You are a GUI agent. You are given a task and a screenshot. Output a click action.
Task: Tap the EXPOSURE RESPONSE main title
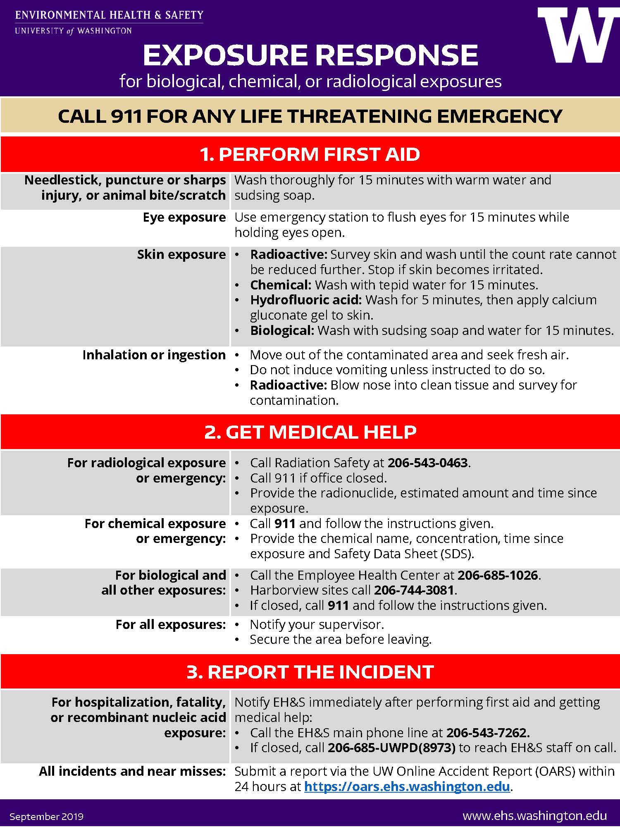pyautogui.click(x=310, y=55)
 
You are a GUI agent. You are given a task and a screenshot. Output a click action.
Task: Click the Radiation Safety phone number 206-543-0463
pyautogui.click(x=427, y=463)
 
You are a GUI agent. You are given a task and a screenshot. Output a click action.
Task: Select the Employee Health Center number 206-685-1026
pyautogui.click(x=498, y=575)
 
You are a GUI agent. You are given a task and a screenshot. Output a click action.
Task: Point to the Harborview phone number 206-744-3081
pyautogui.click(x=414, y=590)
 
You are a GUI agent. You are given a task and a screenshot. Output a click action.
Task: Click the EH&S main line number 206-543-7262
pyautogui.click(x=488, y=733)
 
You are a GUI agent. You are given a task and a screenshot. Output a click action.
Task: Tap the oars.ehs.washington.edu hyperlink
pyautogui.click(x=407, y=786)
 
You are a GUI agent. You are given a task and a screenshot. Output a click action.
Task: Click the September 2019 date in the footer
pyautogui.click(x=46, y=817)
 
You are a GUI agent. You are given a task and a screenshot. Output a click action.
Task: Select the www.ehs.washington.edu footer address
pyautogui.click(x=534, y=816)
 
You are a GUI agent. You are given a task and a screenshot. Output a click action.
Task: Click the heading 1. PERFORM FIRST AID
pyautogui.click(x=310, y=154)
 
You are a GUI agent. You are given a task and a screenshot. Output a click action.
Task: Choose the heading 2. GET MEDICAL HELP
pyautogui.click(x=310, y=432)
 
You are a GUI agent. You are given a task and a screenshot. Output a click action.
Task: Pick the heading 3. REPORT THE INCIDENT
pyautogui.click(x=310, y=672)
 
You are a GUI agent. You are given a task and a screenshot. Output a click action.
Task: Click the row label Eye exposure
pyautogui.click(x=184, y=218)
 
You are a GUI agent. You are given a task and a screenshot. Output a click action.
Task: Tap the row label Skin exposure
pyautogui.click(x=181, y=255)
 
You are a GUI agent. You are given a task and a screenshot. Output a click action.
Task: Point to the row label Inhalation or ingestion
pyautogui.click(x=154, y=355)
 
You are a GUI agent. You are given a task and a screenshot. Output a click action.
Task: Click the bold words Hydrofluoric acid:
pyautogui.click(x=306, y=300)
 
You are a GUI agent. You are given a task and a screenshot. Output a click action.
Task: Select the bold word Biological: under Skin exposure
pyautogui.click(x=282, y=330)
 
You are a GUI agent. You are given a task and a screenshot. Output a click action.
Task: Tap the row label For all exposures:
pyautogui.click(x=171, y=624)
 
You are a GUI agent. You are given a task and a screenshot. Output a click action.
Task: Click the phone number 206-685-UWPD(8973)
pyautogui.click(x=391, y=748)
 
